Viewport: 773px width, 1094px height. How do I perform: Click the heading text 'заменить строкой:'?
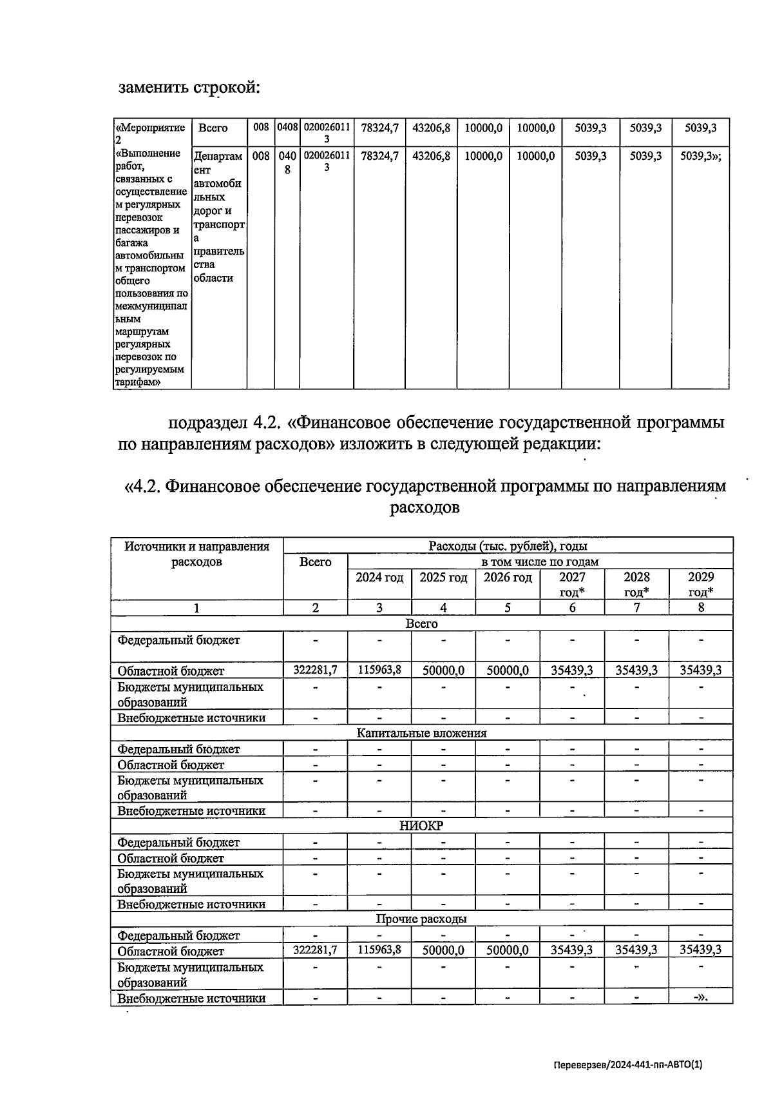coord(189,87)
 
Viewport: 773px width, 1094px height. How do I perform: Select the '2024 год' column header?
coord(379,578)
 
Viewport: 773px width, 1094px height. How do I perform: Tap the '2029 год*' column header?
coord(701,584)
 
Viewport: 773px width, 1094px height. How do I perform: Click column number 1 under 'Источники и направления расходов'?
coord(197,607)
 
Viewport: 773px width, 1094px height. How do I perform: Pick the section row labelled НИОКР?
coord(421,826)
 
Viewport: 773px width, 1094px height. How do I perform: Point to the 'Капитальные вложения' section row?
coord(421,733)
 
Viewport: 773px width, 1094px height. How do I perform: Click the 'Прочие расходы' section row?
coord(421,919)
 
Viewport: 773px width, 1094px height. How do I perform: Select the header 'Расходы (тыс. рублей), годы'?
coord(508,546)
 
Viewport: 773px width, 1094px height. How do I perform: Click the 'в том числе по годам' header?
coord(540,562)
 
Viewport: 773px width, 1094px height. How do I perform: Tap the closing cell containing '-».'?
coord(701,998)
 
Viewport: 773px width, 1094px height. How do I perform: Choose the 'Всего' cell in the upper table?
coord(213,128)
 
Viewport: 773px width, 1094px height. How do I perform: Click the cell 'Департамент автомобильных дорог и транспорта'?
coord(219,217)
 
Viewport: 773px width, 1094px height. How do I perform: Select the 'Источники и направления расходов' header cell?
coord(197,554)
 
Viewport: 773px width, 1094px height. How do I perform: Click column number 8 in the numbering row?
coord(701,607)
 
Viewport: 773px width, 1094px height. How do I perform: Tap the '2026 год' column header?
coord(508,578)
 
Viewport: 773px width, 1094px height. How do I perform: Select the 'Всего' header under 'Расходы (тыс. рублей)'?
coord(316,562)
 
